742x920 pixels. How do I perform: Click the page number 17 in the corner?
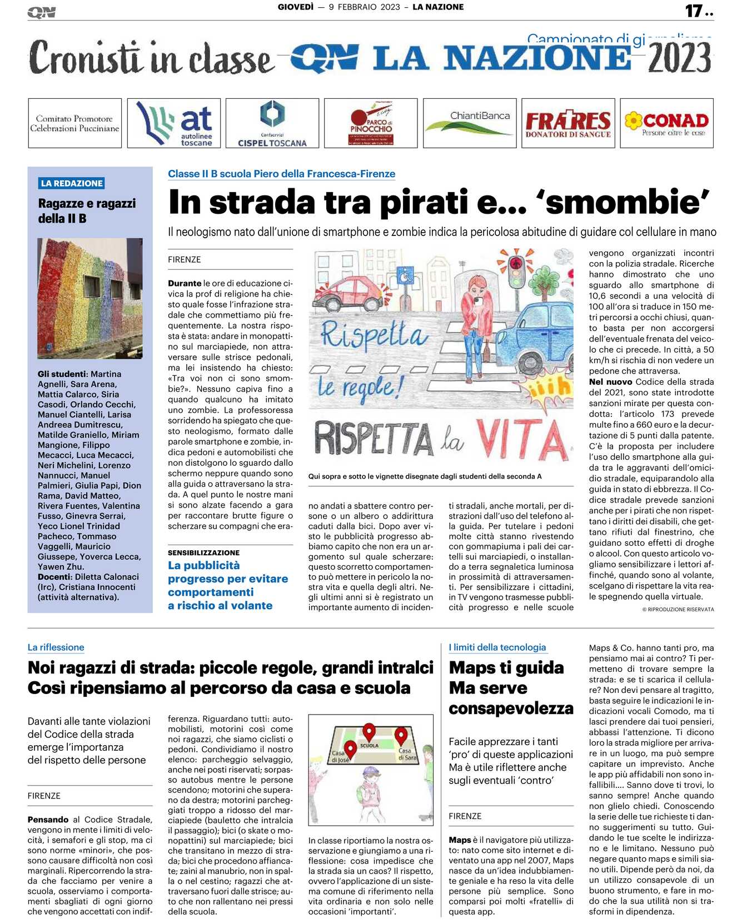click(x=694, y=11)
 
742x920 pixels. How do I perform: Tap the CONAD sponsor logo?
click(x=666, y=123)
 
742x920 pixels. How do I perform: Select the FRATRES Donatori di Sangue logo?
click(x=567, y=123)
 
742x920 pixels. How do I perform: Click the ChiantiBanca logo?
click(x=469, y=123)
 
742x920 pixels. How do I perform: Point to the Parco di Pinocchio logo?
click(x=371, y=123)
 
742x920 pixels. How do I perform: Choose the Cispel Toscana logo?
click(x=272, y=123)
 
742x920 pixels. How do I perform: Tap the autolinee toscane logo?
click(x=173, y=123)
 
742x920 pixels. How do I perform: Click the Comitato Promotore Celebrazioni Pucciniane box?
click(x=74, y=123)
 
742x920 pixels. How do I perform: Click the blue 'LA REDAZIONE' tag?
click(x=72, y=183)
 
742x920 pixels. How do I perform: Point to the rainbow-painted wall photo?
click(x=90, y=298)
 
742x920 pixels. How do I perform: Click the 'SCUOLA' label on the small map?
click(x=369, y=746)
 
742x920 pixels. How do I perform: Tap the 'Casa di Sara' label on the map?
click(x=406, y=754)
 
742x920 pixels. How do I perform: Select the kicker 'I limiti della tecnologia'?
click(x=497, y=647)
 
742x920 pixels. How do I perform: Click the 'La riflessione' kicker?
click(x=56, y=647)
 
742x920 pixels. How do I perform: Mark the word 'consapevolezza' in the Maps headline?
click(x=510, y=708)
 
